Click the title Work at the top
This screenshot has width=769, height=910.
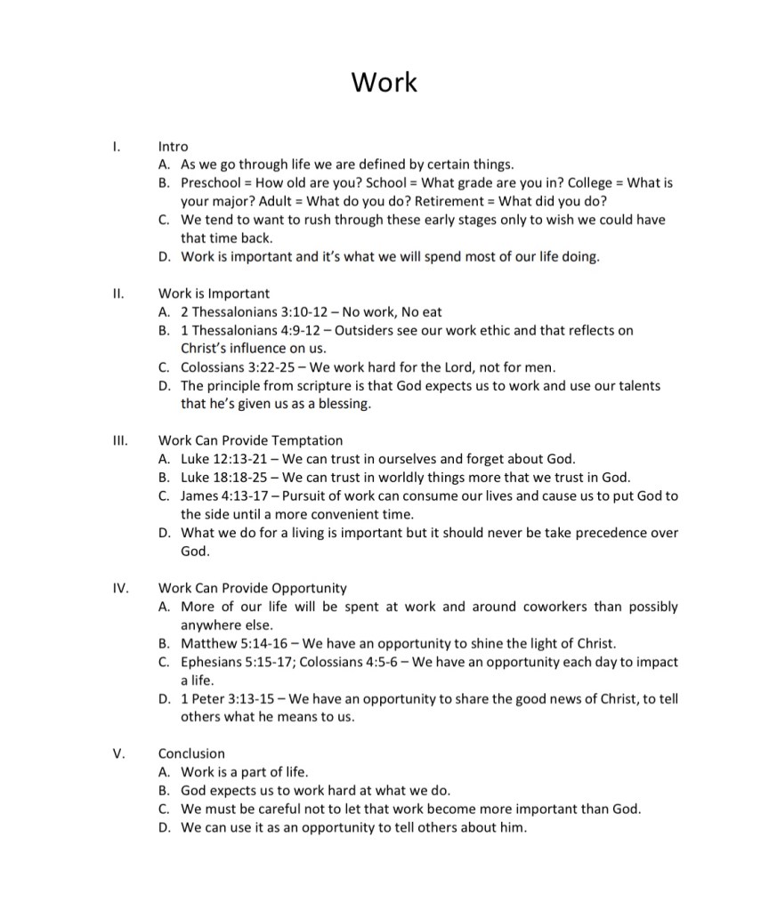pyautogui.click(x=384, y=82)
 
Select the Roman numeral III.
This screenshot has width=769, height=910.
pyautogui.click(x=121, y=440)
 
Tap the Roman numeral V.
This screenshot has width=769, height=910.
pyautogui.click(x=118, y=753)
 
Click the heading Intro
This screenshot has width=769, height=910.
pyautogui.click(x=174, y=146)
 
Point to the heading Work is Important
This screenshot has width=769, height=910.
pyautogui.click(x=214, y=293)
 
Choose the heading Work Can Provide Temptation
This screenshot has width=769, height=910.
pyautogui.click(x=250, y=440)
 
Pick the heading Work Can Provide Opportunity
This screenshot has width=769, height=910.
pyautogui.click(x=253, y=588)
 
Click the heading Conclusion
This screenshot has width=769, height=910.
pyautogui.click(x=191, y=753)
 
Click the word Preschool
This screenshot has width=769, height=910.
pyautogui.click(x=212, y=182)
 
